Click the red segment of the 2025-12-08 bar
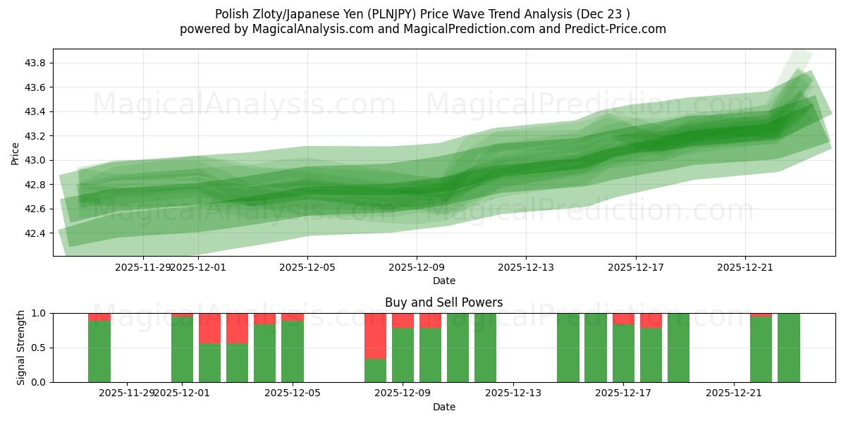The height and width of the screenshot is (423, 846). tap(375, 336)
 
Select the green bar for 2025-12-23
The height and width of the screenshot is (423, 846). tap(788, 348)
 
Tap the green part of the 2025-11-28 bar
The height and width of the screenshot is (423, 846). tap(99, 352)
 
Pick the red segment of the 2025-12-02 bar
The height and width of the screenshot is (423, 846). tap(209, 328)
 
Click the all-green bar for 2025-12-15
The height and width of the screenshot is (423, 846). tap(568, 348)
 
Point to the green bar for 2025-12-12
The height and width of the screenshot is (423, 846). tap(485, 348)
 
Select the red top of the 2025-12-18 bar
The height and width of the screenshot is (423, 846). tap(651, 321)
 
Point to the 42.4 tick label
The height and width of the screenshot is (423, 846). tap(35, 233)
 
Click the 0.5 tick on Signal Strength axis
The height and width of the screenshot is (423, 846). tap(41, 348)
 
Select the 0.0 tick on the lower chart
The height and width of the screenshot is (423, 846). tap(41, 382)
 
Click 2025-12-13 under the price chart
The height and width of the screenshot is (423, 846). tap(526, 267)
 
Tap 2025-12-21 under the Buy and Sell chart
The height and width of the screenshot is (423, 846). tap(735, 393)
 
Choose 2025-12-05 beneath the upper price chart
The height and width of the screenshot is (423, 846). tap(308, 267)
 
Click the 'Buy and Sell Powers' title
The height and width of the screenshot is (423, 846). tap(443, 302)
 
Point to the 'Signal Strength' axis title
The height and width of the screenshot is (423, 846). tap(22, 348)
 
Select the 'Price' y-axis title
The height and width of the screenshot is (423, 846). tap(16, 153)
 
